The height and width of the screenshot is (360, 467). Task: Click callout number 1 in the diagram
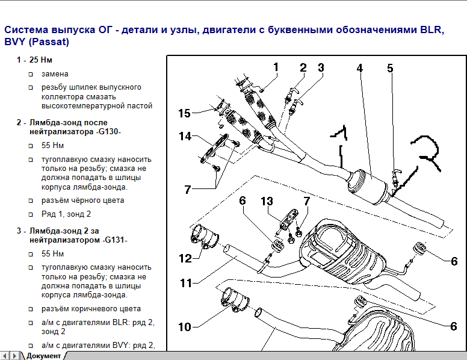(x=276, y=67)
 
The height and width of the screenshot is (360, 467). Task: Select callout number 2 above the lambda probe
(x=303, y=68)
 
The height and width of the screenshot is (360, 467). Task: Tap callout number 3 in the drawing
(x=321, y=68)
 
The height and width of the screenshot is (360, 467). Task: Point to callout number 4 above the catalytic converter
(x=359, y=69)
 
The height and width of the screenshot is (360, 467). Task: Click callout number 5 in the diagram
(x=390, y=69)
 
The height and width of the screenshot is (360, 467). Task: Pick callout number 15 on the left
(x=184, y=113)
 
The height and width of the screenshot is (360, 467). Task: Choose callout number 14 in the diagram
(x=185, y=137)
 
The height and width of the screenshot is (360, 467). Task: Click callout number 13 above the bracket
(x=267, y=201)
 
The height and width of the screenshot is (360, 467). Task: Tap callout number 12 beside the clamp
(x=185, y=258)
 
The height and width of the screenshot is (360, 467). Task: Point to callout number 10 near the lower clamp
(x=184, y=326)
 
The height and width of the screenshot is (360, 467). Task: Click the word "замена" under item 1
(x=55, y=74)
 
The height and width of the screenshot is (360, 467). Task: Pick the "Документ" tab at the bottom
(x=43, y=355)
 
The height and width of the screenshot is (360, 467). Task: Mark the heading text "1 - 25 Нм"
(x=34, y=60)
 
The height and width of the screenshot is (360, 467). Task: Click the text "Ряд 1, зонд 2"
(x=67, y=214)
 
